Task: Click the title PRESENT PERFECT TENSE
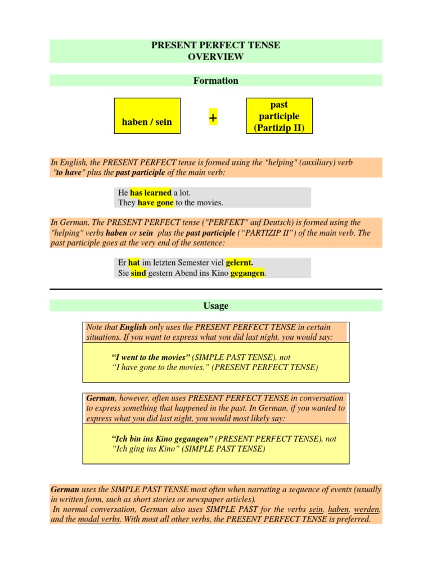216,45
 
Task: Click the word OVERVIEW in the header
216,57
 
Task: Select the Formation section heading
216,80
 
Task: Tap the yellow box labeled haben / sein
147,116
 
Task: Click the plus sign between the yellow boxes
213,119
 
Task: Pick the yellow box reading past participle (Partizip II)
279,116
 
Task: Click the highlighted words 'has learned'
151,192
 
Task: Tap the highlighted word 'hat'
134,263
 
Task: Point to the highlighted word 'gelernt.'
240,263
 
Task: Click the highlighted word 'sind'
138,273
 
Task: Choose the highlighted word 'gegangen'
247,273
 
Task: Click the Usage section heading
216,305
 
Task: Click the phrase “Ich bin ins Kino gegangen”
163,439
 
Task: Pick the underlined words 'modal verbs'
99,519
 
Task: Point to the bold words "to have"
70,173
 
